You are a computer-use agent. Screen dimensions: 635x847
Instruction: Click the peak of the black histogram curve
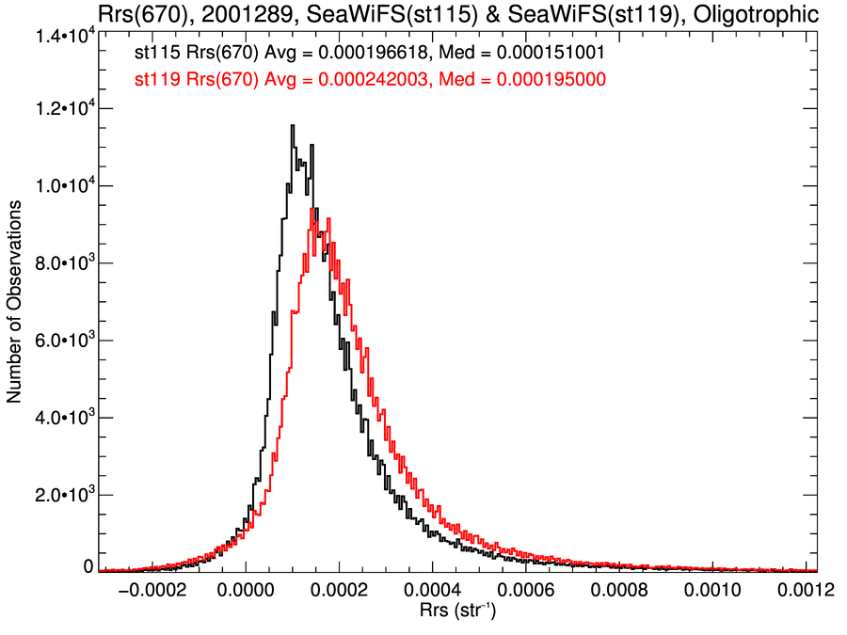(x=293, y=126)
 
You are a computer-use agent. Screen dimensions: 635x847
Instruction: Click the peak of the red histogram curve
(x=313, y=210)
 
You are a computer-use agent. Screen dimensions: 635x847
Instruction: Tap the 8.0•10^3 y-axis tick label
(x=62, y=264)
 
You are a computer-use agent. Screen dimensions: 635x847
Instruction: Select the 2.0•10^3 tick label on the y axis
(x=62, y=496)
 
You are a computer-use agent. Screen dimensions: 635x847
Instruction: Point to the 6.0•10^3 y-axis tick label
(x=62, y=341)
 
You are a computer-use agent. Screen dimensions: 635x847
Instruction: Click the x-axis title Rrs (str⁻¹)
(x=457, y=613)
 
